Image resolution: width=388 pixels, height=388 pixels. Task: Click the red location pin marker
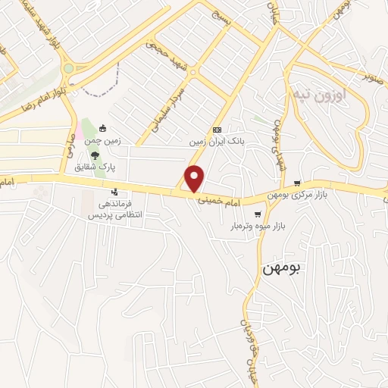(x=195, y=178)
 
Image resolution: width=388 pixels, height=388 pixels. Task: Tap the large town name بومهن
(x=282, y=268)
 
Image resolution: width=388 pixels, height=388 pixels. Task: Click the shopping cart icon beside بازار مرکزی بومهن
(x=297, y=183)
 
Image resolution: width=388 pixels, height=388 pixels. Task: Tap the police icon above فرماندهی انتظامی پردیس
(x=114, y=192)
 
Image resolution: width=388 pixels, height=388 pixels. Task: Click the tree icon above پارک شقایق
(x=94, y=155)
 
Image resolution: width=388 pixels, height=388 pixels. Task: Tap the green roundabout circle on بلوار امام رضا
(x=68, y=68)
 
